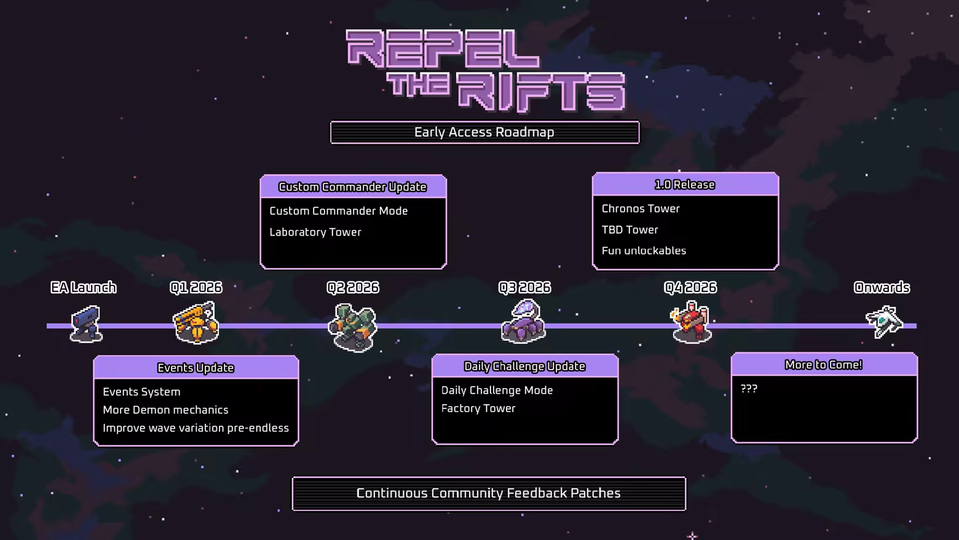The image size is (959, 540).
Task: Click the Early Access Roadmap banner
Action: [484, 132]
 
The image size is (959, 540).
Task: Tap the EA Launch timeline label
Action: [84, 287]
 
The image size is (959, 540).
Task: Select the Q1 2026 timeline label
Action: [196, 287]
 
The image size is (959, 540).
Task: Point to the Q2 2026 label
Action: [353, 287]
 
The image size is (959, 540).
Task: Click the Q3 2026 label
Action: [524, 287]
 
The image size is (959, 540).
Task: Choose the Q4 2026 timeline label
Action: [690, 287]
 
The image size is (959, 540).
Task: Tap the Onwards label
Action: [882, 287]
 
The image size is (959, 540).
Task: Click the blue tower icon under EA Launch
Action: [85, 323]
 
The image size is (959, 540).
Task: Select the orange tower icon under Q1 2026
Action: [196, 322]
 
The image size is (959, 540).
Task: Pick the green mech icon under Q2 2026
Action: [353, 327]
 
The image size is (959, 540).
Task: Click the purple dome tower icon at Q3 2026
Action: [524, 320]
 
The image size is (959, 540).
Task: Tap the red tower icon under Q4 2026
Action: [692, 321]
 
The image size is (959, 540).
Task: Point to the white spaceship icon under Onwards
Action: [883, 321]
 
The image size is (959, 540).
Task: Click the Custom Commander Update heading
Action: [352, 187]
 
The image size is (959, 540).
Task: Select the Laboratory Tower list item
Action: [315, 232]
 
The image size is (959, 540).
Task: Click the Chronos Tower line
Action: [641, 209]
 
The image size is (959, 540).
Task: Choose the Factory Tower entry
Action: [478, 408]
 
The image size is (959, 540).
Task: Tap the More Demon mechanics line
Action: [165, 410]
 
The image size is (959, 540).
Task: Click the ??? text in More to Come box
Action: [749, 389]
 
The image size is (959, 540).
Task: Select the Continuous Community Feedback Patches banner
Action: [489, 493]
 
